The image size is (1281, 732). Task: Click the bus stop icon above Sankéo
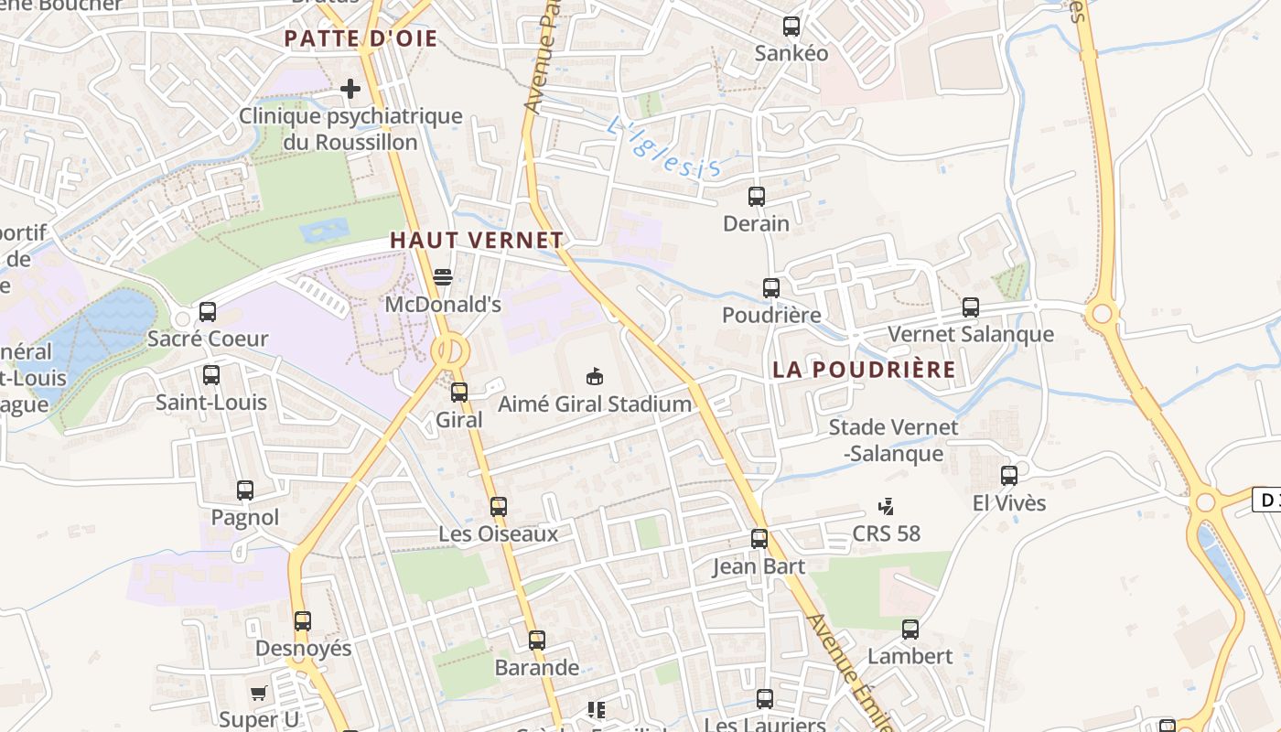pos(791,27)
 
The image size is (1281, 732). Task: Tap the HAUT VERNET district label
pos(477,241)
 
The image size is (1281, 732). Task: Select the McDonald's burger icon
pos(443,276)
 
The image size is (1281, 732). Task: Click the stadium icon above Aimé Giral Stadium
pos(595,376)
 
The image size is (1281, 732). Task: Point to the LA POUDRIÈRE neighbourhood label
pos(864,370)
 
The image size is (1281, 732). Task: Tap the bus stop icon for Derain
pos(757,196)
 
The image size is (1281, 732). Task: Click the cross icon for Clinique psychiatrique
pos(350,89)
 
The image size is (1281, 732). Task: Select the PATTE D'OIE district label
pos(361,38)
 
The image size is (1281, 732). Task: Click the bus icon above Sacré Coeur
pos(208,311)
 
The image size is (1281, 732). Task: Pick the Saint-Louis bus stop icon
pos(211,375)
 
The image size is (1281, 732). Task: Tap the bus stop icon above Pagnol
pos(245,490)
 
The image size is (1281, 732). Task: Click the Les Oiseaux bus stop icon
pos(499,506)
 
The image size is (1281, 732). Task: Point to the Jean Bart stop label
pos(759,566)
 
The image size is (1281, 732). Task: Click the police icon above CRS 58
pos(886,506)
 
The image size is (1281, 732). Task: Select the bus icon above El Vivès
pos(1009,476)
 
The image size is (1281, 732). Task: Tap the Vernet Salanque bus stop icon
pos(971,307)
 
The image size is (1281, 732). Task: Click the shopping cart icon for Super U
pos(259,693)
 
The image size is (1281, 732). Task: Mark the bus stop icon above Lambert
pos(910,630)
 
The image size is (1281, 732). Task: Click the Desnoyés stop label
pos(303,649)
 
